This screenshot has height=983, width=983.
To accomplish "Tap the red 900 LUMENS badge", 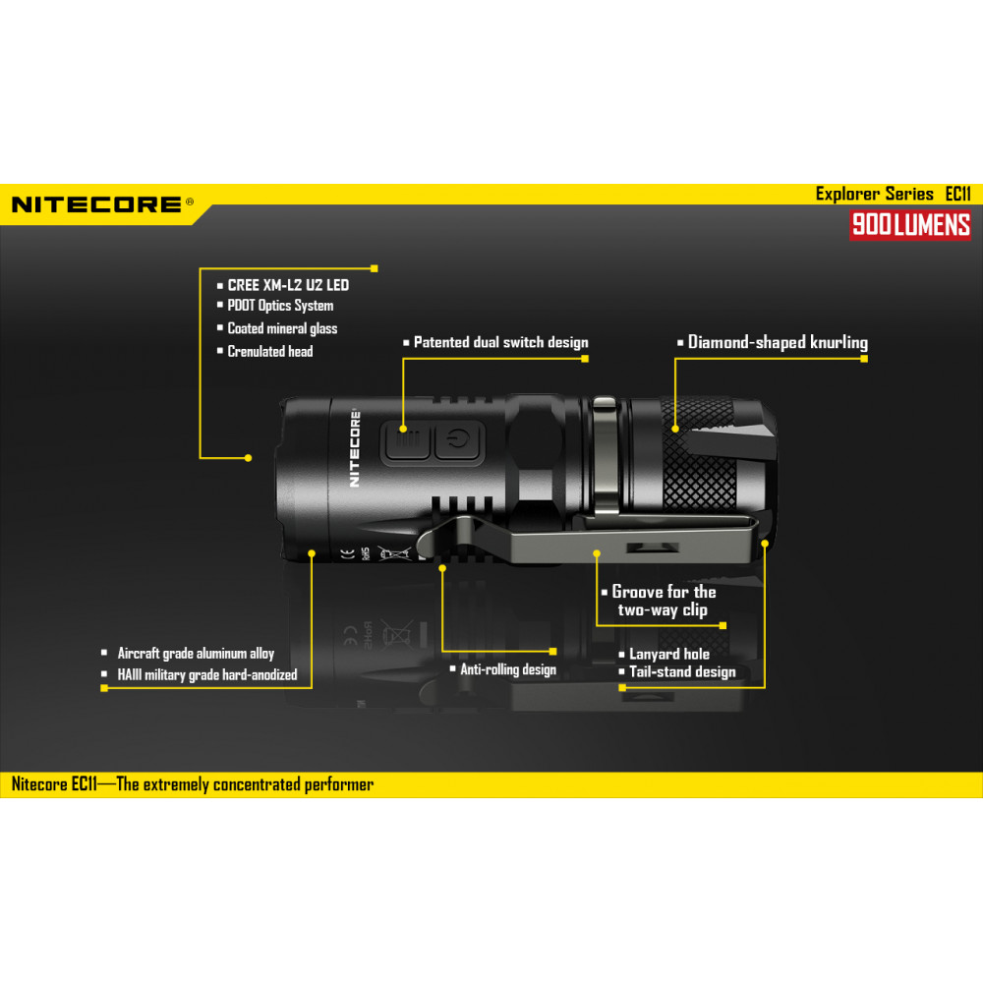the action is tap(910, 224).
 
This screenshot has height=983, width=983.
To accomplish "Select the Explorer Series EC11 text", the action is tap(893, 194).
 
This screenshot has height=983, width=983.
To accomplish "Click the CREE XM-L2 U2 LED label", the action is tap(288, 285).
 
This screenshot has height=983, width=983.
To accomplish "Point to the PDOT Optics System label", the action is tap(280, 306).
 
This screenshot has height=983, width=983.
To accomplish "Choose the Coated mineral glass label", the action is tap(282, 328).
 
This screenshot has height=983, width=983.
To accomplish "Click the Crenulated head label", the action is tap(270, 351).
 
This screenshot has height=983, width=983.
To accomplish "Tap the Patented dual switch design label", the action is tap(501, 342).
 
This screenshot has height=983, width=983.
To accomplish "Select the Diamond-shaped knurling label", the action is tap(778, 342).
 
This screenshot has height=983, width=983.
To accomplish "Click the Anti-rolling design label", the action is tap(508, 669).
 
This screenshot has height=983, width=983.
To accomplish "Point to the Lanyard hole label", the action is tap(668, 654).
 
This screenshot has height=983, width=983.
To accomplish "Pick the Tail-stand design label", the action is tap(682, 672).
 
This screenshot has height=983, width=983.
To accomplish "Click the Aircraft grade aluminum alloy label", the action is tap(196, 654).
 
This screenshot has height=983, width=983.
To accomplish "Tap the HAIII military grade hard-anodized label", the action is tap(206, 675).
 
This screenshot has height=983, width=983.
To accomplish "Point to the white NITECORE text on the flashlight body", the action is tap(354, 448).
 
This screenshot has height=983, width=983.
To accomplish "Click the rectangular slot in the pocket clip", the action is tap(653, 548).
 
